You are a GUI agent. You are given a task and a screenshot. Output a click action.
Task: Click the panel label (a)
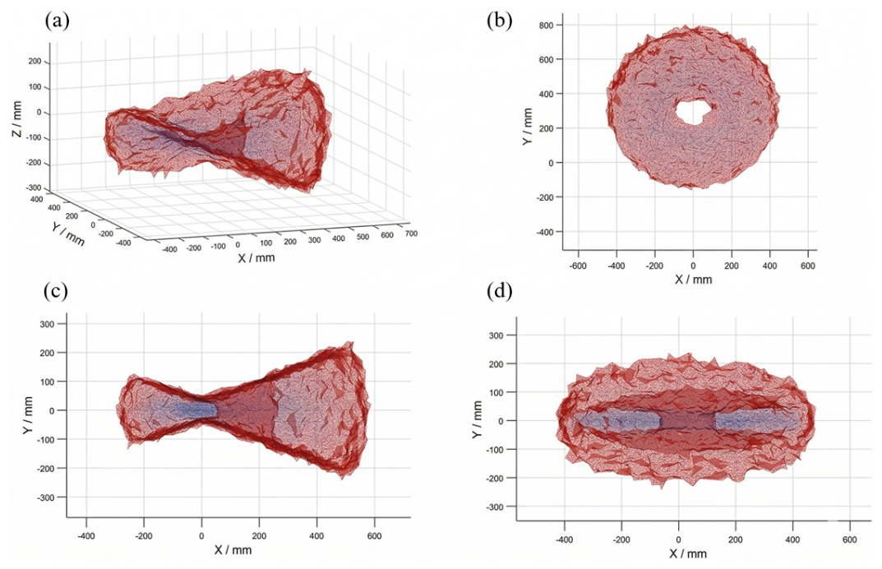[56, 20]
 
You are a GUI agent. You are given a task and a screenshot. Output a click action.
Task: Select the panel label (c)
[56, 292]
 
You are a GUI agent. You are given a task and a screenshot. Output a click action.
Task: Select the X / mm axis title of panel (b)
[693, 280]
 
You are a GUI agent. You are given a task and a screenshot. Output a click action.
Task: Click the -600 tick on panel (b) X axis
[578, 266]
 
